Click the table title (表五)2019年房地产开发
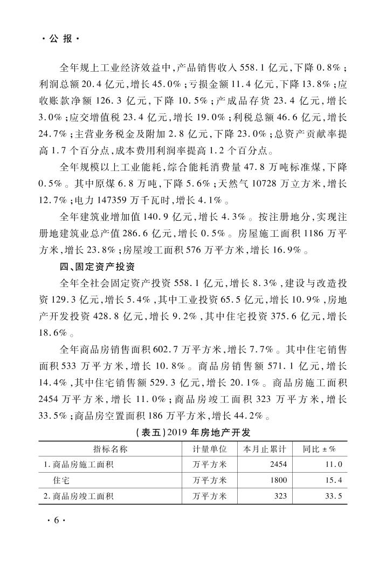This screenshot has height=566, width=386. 192,433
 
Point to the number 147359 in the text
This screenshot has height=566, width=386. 104,203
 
